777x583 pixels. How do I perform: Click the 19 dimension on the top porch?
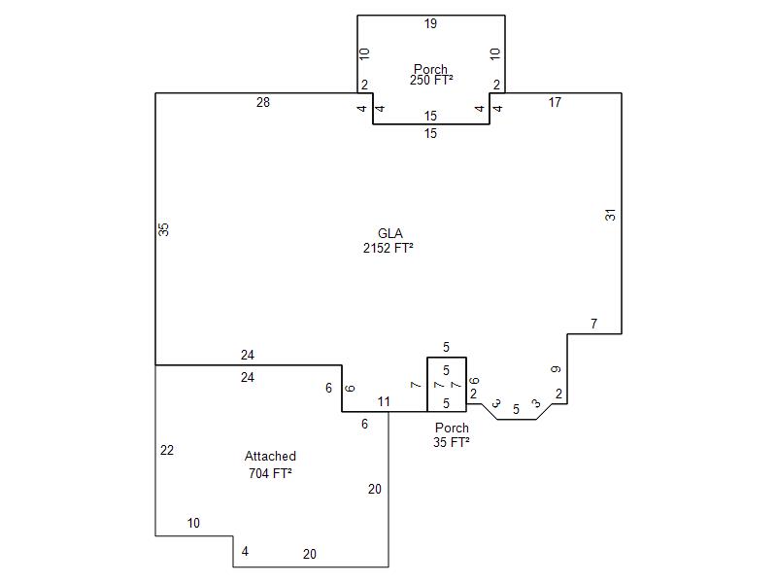(x=430, y=23)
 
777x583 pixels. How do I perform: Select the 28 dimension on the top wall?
(x=262, y=102)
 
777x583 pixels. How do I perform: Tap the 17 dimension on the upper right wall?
(x=555, y=102)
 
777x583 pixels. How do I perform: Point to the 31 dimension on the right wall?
(x=611, y=215)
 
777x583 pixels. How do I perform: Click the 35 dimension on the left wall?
(x=163, y=229)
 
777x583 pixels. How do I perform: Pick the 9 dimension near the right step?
(x=556, y=369)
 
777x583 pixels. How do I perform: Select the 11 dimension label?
(x=384, y=401)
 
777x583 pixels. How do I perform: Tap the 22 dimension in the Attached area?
(x=167, y=450)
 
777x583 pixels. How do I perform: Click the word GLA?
(x=390, y=233)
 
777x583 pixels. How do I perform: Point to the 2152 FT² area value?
(x=388, y=248)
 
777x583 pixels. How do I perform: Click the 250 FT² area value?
(x=431, y=81)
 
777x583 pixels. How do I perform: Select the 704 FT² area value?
(x=270, y=473)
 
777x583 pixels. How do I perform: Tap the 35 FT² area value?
(x=452, y=442)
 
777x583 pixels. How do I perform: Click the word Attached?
(x=270, y=456)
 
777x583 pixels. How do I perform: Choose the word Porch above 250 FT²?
(x=430, y=69)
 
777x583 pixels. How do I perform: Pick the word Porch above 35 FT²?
(x=452, y=428)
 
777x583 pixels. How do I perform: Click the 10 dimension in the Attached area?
(x=193, y=523)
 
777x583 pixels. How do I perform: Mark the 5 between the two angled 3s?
(x=516, y=409)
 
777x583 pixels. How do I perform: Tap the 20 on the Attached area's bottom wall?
(x=309, y=554)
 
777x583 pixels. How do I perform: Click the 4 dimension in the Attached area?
(x=245, y=551)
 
